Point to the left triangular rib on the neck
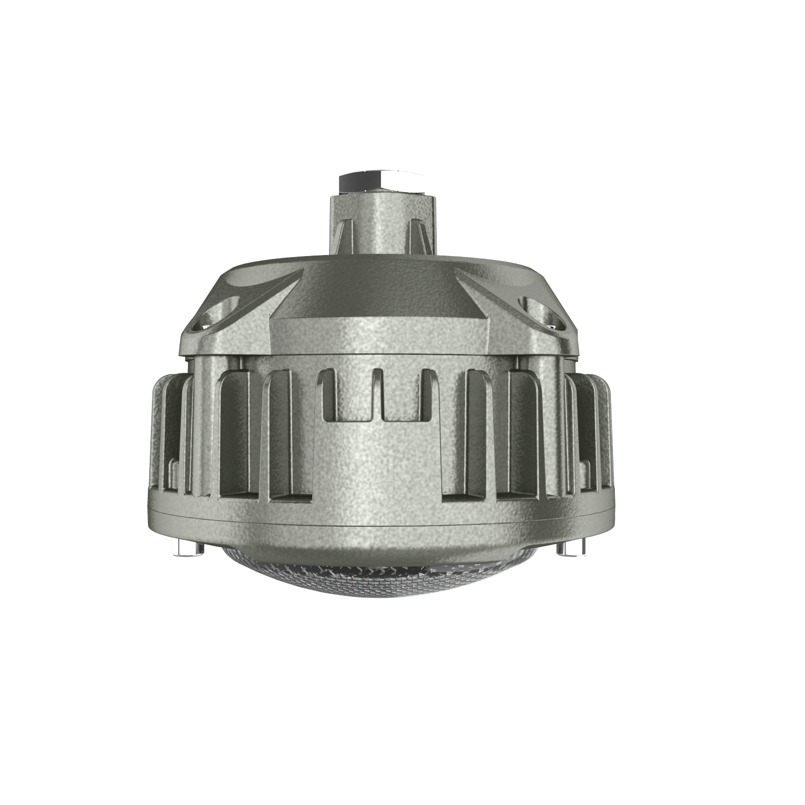[346, 239]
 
